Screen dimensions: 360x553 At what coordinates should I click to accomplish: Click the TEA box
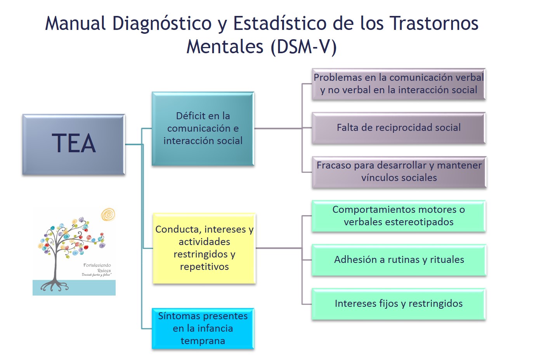[x=74, y=144]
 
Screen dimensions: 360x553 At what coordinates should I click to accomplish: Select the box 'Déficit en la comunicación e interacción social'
[x=203, y=129]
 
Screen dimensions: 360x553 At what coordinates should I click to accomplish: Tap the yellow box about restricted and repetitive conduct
[x=204, y=248]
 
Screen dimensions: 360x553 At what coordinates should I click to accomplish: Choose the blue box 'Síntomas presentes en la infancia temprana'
[x=203, y=329]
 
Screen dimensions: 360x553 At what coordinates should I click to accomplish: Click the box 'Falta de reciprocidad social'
[x=399, y=128]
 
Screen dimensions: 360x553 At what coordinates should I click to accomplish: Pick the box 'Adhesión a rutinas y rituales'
[x=399, y=260]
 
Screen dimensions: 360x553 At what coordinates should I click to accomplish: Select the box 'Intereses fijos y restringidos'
[x=399, y=304]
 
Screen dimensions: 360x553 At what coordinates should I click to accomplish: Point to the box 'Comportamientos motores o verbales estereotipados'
[x=399, y=216]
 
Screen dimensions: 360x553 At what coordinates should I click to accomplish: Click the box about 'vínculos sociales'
[x=399, y=172]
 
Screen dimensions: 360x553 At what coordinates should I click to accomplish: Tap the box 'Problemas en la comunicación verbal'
[x=399, y=84]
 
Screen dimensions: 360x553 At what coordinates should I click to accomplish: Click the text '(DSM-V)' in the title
[x=303, y=47]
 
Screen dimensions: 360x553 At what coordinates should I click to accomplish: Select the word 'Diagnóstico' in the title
[x=162, y=23]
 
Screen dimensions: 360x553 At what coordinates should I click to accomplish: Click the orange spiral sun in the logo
[x=108, y=214]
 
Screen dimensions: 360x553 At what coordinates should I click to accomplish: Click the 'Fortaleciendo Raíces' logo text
[x=97, y=268]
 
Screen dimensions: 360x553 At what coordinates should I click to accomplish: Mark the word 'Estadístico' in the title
[x=280, y=23]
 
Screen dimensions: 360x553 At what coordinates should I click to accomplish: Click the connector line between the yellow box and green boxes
[x=279, y=248]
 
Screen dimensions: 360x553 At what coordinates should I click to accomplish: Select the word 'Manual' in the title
[x=75, y=23]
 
